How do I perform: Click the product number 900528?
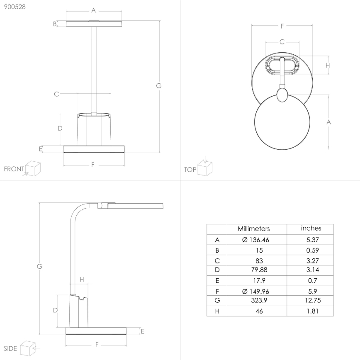(12, 7)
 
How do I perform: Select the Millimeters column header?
(253, 229)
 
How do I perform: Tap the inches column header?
(311, 228)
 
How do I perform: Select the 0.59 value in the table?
(311, 250)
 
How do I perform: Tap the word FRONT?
(14, 169)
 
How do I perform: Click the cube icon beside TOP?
(205, 168)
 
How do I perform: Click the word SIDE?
(10, 348)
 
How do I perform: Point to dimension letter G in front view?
(158, 86)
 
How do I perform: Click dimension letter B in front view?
(55, 24)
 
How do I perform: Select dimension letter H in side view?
(82, 280)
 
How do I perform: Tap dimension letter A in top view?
(328, 122)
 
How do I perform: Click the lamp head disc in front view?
(94, 23)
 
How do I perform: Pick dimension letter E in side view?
(142, 331)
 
